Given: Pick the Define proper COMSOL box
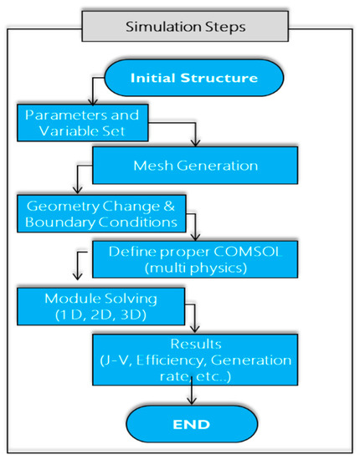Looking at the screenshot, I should [204, 258].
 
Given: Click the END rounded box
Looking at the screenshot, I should [186, 424].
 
